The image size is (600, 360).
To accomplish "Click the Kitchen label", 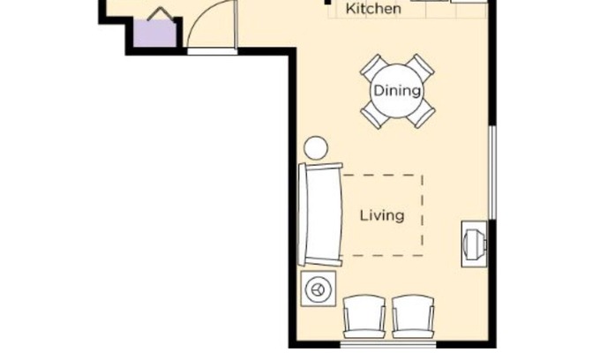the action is [x=373, y=9].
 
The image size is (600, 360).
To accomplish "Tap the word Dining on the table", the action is [x=397, y=91].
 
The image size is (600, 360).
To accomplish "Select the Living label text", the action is [x=382, y=215].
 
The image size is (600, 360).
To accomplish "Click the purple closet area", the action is [x=154, y=33].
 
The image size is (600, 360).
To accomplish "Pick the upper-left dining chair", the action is [x=374, y=67].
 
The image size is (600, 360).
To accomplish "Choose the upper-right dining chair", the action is [x=420, y=67].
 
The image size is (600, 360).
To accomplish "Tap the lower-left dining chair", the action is [x=374, y=115].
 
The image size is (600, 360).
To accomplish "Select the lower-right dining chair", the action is [x=420, y=115].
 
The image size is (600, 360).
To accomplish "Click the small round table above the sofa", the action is [x=316, y=147].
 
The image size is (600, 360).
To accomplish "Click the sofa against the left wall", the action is [x=320, y=214].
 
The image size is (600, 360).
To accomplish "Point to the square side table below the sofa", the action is [x=319, y=289].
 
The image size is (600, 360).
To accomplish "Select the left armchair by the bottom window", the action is [x=364, y=317].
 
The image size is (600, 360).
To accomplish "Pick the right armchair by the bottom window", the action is [x=413, y=317].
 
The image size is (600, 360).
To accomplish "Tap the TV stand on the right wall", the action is [x=474, y=244].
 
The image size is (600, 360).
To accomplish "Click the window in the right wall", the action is [x=493, y=173].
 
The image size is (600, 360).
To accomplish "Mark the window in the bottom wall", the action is [x=388, y=344].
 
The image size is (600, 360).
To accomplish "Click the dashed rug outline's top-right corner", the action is [x=423, y=176].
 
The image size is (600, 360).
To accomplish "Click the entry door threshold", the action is [x=213, y=52].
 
